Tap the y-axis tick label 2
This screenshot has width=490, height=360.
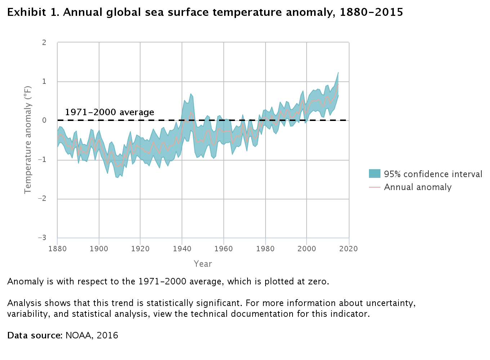click(44, 42)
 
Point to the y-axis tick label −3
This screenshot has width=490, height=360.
click(43, 238)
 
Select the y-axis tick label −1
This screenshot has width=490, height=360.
click(43, 159)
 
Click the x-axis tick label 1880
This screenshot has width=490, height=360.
click(57, 249)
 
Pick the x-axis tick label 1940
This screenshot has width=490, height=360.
click(182, 249)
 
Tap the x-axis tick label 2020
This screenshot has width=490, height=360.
click(349, 249)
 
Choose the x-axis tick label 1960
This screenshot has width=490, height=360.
click(224, 249)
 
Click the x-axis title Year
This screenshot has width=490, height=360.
click(203, 264)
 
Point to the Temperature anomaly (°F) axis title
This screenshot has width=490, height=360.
click(28, 140)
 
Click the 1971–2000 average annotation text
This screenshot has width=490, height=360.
click(110, 112)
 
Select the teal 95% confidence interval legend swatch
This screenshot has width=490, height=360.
click(375, 174)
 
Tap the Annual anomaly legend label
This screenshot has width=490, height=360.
click(418, 187)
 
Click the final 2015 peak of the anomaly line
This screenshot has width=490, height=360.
click(338, 84)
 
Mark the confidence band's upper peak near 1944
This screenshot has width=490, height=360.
click(191, 94)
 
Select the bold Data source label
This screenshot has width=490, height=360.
click(35, 336)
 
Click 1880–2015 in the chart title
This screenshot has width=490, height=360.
click(371, 12)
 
